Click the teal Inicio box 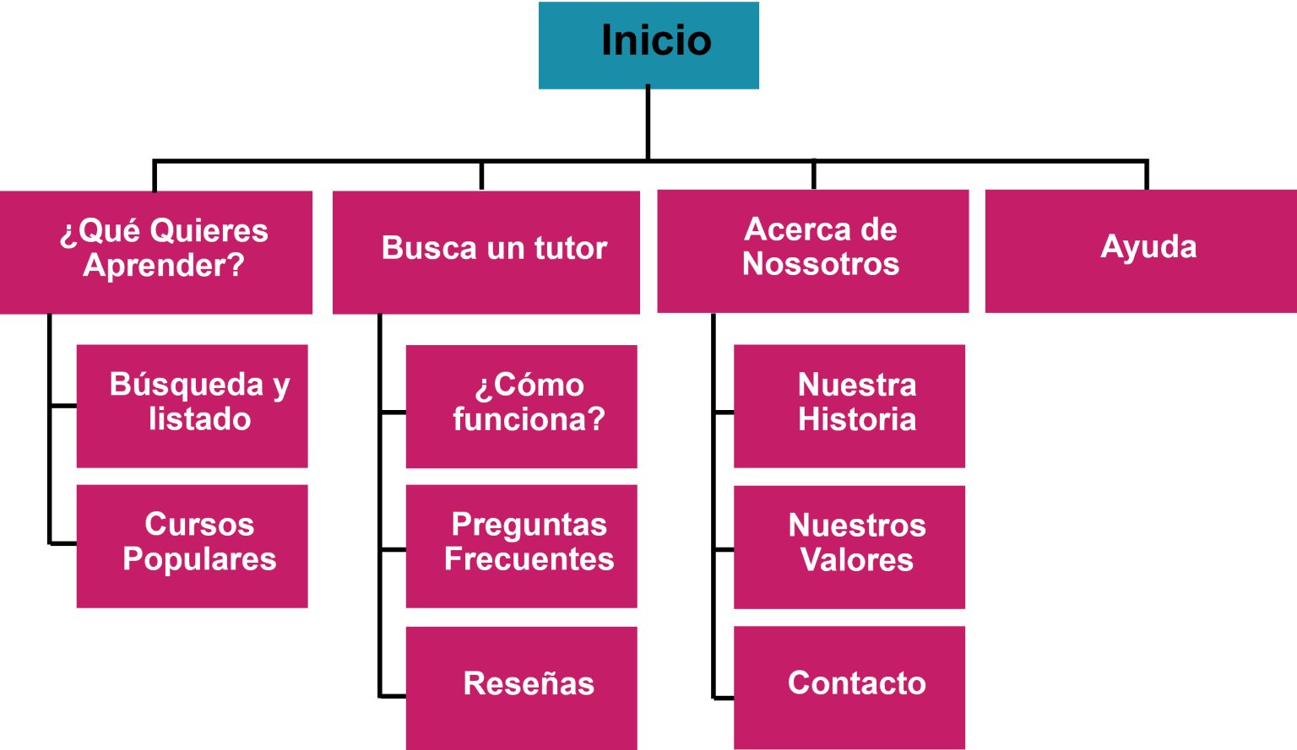648,46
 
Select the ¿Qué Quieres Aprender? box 155,252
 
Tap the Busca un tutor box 486,252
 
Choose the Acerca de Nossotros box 813,251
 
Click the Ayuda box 1142,251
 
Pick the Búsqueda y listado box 193,407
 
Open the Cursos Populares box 193,547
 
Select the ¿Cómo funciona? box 521,407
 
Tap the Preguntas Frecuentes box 521,547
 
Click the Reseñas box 521,688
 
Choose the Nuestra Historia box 849,407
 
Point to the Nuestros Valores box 849,547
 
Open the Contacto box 849,688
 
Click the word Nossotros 821,264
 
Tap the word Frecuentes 529,559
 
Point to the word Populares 200,559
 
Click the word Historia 857,419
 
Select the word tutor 571,248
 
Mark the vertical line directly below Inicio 648,122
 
